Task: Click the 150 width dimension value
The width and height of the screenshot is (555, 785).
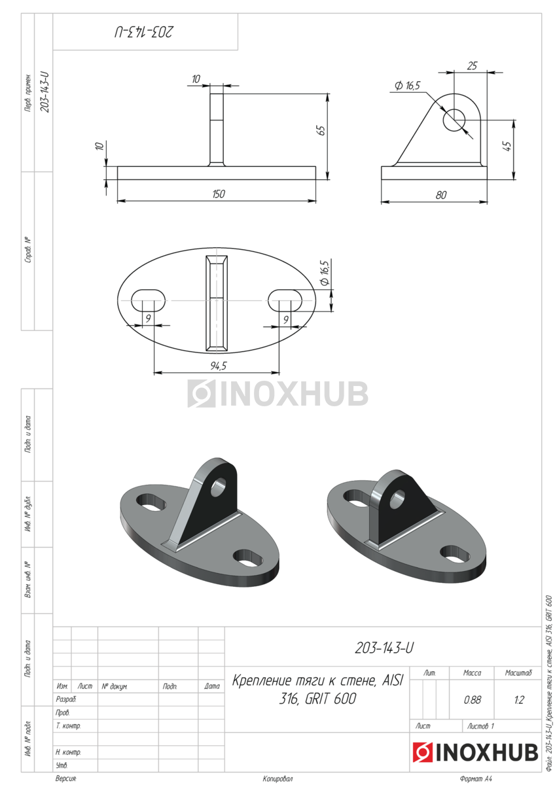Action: tap(219, 194)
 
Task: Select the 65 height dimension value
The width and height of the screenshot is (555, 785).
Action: tap(321, 130)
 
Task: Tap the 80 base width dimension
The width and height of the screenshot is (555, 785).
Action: tap(441, 195)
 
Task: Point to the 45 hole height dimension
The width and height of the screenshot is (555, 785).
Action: tap(507, 146)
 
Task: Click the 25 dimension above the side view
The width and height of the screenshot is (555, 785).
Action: tap(473, 65)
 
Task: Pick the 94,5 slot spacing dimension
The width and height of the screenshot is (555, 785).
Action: tap(219, 366)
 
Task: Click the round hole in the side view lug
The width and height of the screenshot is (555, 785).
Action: tap(454, 120)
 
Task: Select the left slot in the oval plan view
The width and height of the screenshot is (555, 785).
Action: tap(148, 300)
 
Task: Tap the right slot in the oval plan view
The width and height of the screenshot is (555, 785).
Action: tap(285, 300)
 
